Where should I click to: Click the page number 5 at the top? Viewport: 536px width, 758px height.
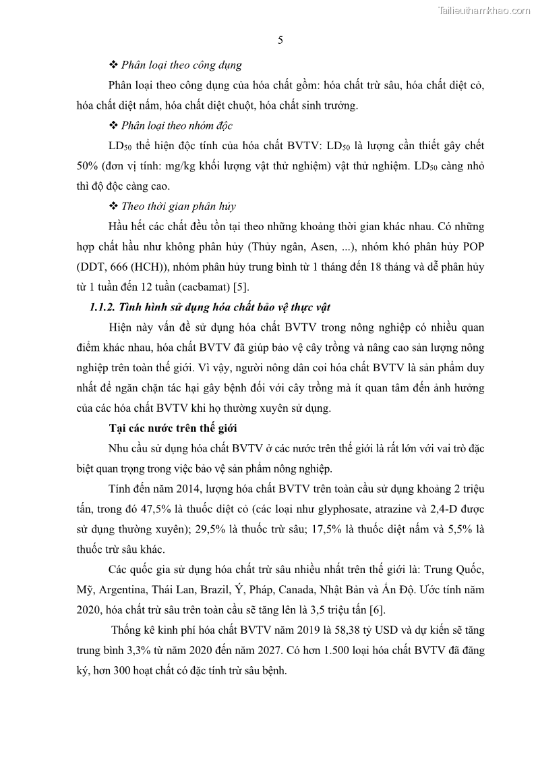tap(280, 40)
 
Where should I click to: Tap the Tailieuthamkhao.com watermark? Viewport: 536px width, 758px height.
tap(484, 10)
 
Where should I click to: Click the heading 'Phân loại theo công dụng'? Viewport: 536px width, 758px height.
tap(181, 65)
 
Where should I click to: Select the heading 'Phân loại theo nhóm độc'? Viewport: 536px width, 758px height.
tap(177, 126)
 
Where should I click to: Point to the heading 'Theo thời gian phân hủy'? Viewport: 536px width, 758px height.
tap(178, 206)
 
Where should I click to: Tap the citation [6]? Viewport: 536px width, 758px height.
tap(377, 610)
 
